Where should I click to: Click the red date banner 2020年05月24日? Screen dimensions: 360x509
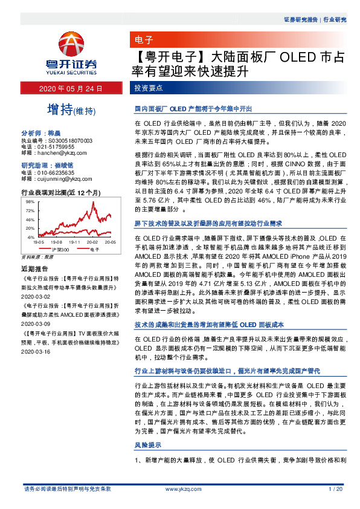tap(71, 88)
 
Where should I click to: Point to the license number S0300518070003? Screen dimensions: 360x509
tap(70, 140)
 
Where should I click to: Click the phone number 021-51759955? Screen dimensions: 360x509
tap(56, 146)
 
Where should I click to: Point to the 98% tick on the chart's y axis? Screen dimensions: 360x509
tap(29, 201)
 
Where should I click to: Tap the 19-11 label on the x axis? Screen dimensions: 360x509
tap(74, 242)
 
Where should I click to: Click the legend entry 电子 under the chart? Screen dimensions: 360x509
tap(94, 248)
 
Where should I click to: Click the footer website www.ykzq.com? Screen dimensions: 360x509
tap(179, 488)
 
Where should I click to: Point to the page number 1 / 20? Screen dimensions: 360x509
tap(335, 488)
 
